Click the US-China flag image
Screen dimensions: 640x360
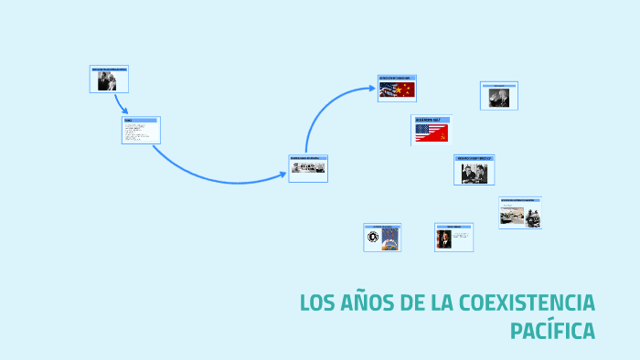coord(397,90)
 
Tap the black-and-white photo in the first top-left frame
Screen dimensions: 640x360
coord(105,82)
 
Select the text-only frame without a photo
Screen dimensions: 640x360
coord(141,131)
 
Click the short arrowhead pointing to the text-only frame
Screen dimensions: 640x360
coord(123,111)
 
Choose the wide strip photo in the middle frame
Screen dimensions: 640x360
coord(307,168)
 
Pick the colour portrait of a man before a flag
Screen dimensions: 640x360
coord(443,239)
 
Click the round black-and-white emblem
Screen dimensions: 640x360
coord(373,238)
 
